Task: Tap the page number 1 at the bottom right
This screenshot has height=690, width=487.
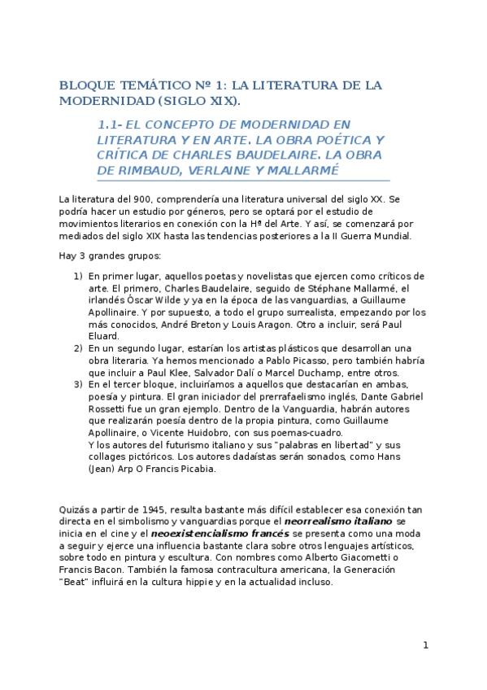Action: click(x=424, y=646)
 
